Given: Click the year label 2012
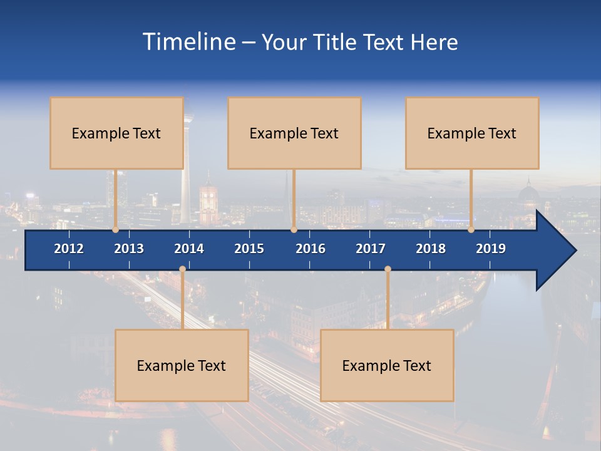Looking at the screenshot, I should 69,249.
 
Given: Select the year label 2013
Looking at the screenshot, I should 129,249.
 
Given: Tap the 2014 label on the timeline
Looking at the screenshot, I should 189,249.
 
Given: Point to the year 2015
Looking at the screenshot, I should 249,249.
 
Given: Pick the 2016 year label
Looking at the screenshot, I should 311,249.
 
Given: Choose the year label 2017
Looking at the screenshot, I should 371,249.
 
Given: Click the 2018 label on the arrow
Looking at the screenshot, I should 431,249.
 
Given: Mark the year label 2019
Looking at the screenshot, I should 491,249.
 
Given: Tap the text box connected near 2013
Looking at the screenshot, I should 116,133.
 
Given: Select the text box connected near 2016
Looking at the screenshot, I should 294,133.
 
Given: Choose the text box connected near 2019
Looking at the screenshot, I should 472,133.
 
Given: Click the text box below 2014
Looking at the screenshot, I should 182,365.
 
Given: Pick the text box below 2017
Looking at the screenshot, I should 387,365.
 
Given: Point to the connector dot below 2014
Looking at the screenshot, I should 182,269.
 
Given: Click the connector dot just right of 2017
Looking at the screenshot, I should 388,269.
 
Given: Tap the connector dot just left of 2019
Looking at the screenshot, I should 471,230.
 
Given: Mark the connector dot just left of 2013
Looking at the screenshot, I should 115,230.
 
